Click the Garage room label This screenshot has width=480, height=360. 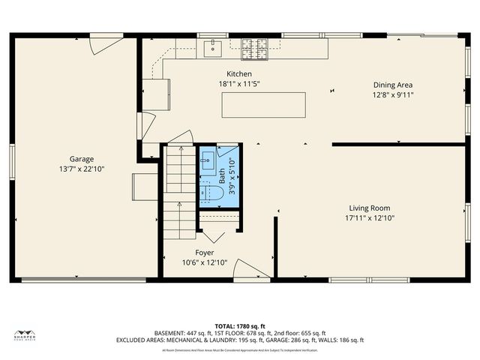point(82,159)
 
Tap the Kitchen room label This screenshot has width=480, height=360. point(239,74)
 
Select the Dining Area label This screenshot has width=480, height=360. point(393,85)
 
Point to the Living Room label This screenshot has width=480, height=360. point(369,208)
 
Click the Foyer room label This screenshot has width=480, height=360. point(205,253)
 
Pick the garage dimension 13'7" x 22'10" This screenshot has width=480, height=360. point(82,169)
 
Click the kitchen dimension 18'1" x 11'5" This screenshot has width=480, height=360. point(239,84)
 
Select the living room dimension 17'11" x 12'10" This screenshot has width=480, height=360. point(369,218)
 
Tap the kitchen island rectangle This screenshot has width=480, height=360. point(263,104)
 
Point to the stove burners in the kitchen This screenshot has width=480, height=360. point(253,49)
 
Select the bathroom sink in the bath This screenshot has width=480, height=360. point(208,162)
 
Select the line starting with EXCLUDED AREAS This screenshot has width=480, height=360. point(240,340)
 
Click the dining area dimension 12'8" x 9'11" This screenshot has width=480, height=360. point(393,95)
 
